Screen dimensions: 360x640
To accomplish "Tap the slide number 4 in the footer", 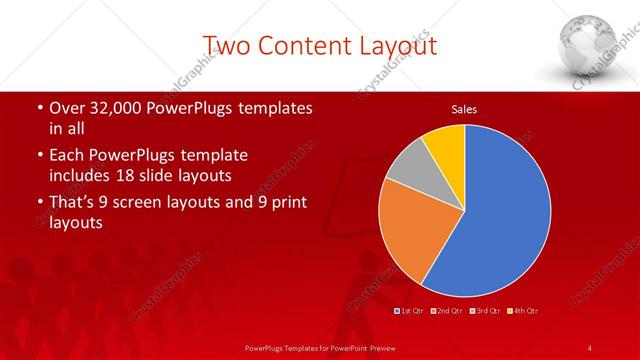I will click(590, 347).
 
